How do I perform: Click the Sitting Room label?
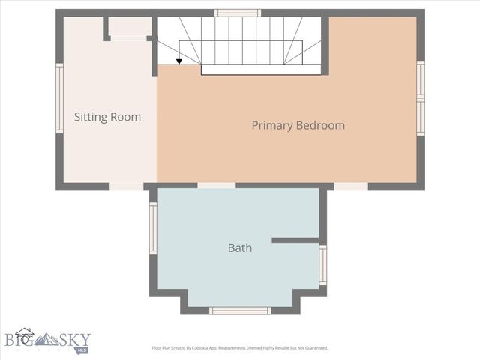pos(107,117)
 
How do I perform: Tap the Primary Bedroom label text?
pos(298,125)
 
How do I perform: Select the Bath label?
pos(240,247)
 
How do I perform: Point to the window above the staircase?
pos(238,13)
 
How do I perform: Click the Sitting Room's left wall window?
pos(59,98)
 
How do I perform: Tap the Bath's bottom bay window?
pos(240,310)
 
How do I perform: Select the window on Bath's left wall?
pos(153,228)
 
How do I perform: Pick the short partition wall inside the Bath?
pos(295,240)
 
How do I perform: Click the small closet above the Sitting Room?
pos(130,27)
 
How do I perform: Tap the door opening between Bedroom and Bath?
pos(216,185)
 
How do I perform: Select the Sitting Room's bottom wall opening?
pos(126,186)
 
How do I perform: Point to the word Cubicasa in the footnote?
pos(202,348)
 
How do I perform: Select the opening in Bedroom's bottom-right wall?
pos(350,186)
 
